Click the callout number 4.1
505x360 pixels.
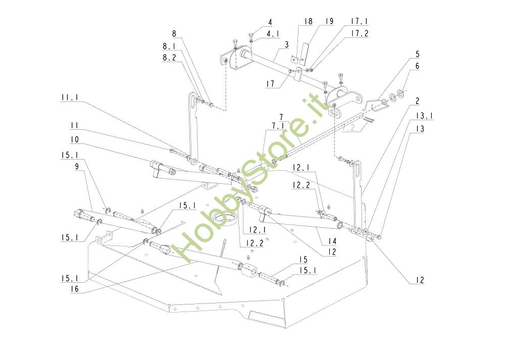tap(273, 34)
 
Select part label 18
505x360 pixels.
tap(309, 22)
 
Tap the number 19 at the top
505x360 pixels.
tap(329, 22)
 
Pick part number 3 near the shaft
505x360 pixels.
tap(286, 45)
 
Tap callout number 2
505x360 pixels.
tap(418, 101)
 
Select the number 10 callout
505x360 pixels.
tap(74, 138)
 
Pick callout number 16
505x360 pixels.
tap(74, 289)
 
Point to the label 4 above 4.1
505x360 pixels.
tap(270, 22)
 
